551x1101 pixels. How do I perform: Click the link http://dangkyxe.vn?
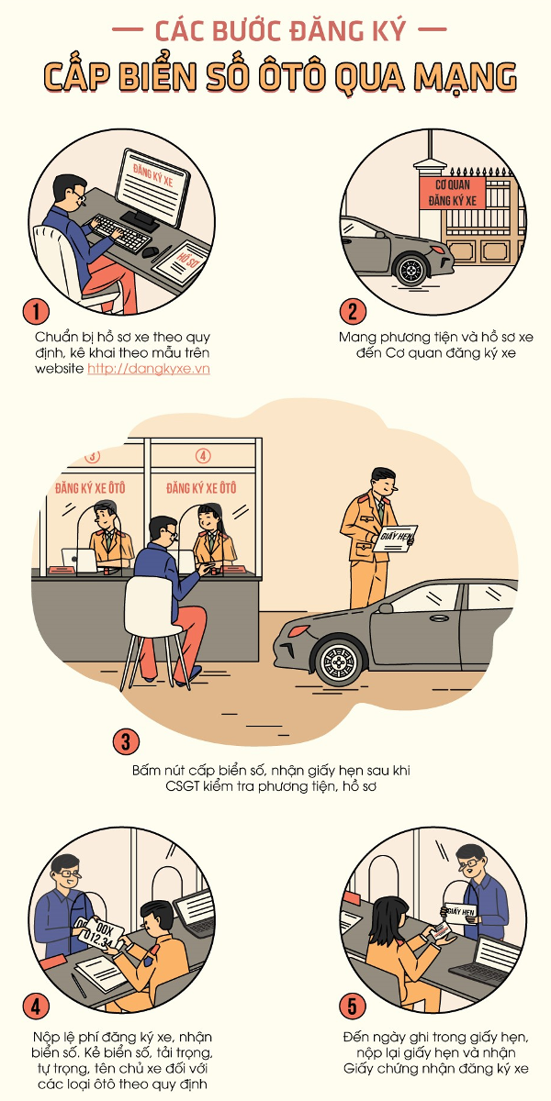point(149,369)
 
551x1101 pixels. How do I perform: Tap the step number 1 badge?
point(36,312)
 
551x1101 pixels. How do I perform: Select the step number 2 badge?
point(353,312)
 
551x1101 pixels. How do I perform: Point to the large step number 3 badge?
point(126,741)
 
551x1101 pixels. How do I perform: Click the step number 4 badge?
point(36,1007)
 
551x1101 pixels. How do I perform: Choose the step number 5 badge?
point(353,1006)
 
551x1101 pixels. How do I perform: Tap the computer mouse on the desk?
point(150,252)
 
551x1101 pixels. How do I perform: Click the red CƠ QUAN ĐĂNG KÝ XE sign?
point(453,194)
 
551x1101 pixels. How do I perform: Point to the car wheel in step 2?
point(411,270)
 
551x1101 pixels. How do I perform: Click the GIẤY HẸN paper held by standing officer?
point(396,539)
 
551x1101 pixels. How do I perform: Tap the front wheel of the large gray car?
point(339,662)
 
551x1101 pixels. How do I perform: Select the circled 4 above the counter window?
point(203,456)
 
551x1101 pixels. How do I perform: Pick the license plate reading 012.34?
point(101,935)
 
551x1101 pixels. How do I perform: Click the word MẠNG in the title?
point(465,77)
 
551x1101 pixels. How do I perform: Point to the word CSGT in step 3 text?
point(182,786)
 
